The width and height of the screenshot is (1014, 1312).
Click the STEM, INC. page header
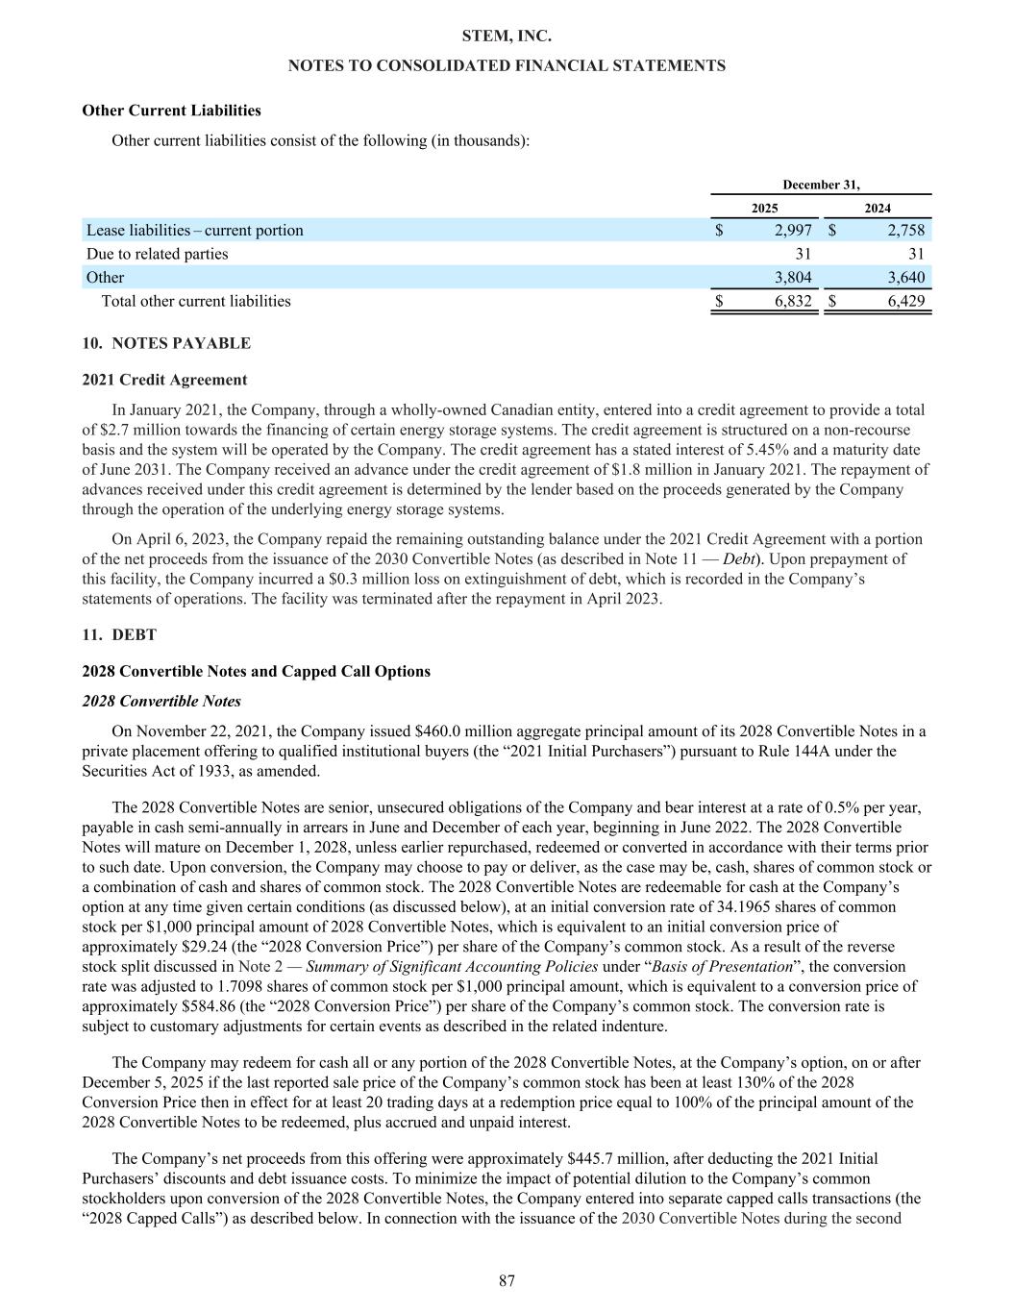pos(507,36)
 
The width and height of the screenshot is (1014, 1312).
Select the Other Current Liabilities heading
pos(171,111)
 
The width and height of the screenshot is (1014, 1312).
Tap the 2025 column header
pos(764,208)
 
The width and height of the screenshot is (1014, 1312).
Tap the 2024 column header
pos(877,208)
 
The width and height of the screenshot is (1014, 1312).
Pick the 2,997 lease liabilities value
pos(793,230)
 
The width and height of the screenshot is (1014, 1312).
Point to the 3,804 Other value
pos(793,278)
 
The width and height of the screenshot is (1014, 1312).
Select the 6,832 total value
pos(793,302)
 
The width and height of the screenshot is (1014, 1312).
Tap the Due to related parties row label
pos(158,254)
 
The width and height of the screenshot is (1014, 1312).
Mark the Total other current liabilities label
pos(196,302)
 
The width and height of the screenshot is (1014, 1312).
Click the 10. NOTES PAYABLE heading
pos(166,343)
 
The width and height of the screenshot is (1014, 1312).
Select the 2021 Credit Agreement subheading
pos(164,380)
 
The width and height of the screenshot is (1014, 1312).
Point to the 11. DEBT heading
pos(119,634)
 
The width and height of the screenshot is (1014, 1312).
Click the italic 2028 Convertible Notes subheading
pos(161,701)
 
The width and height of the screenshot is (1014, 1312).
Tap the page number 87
pos(507,1280)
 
